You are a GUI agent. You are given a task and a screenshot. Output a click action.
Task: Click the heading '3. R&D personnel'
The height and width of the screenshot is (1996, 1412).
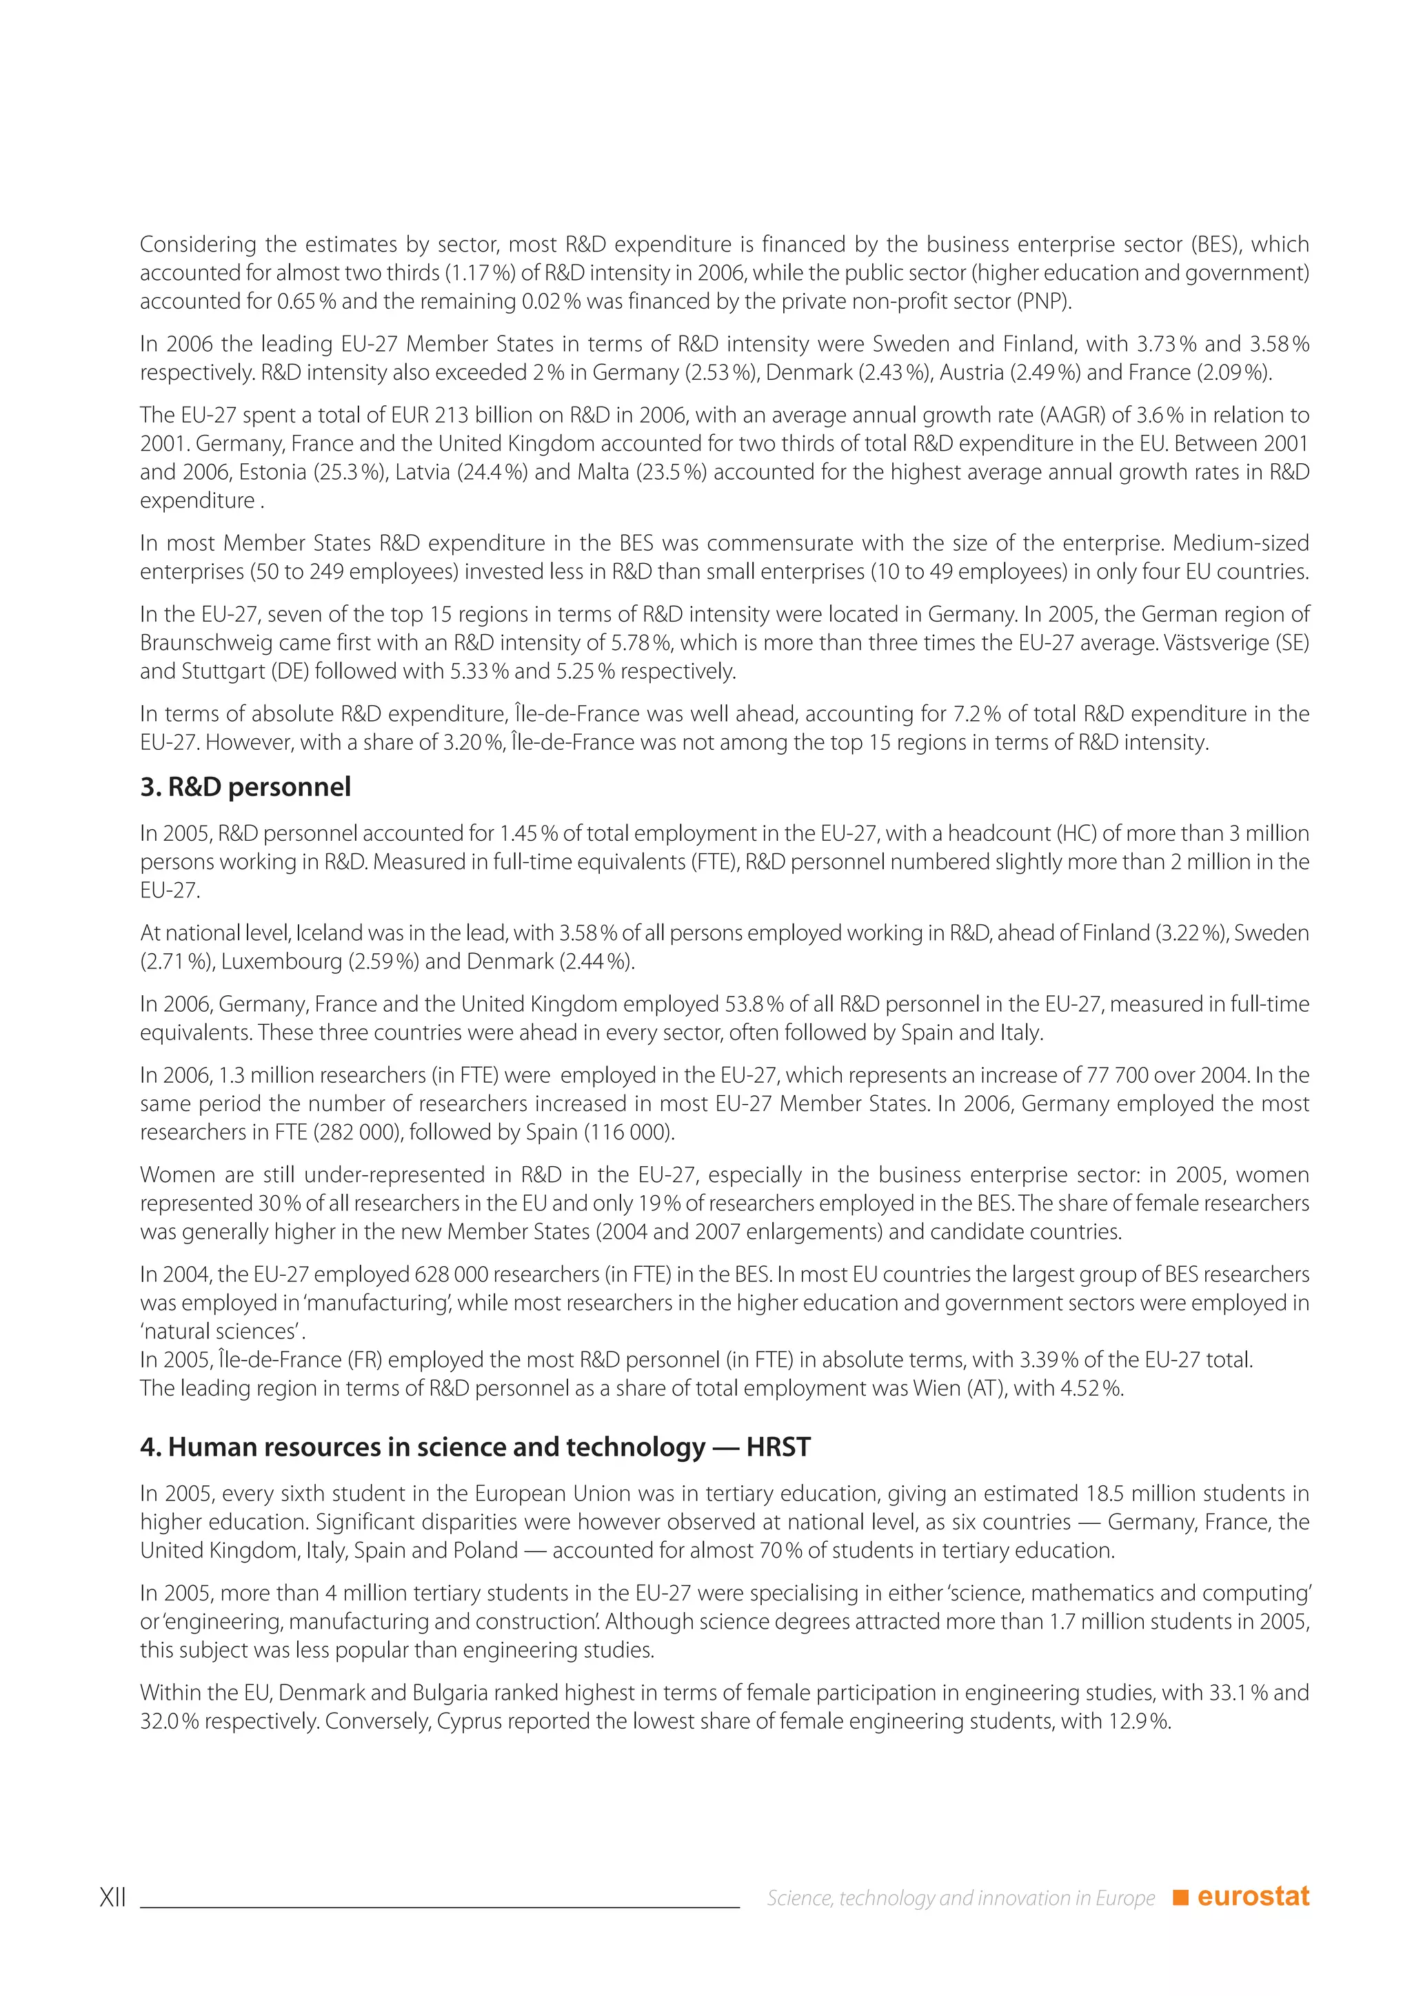pyautogui.click(x=245, y=788)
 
